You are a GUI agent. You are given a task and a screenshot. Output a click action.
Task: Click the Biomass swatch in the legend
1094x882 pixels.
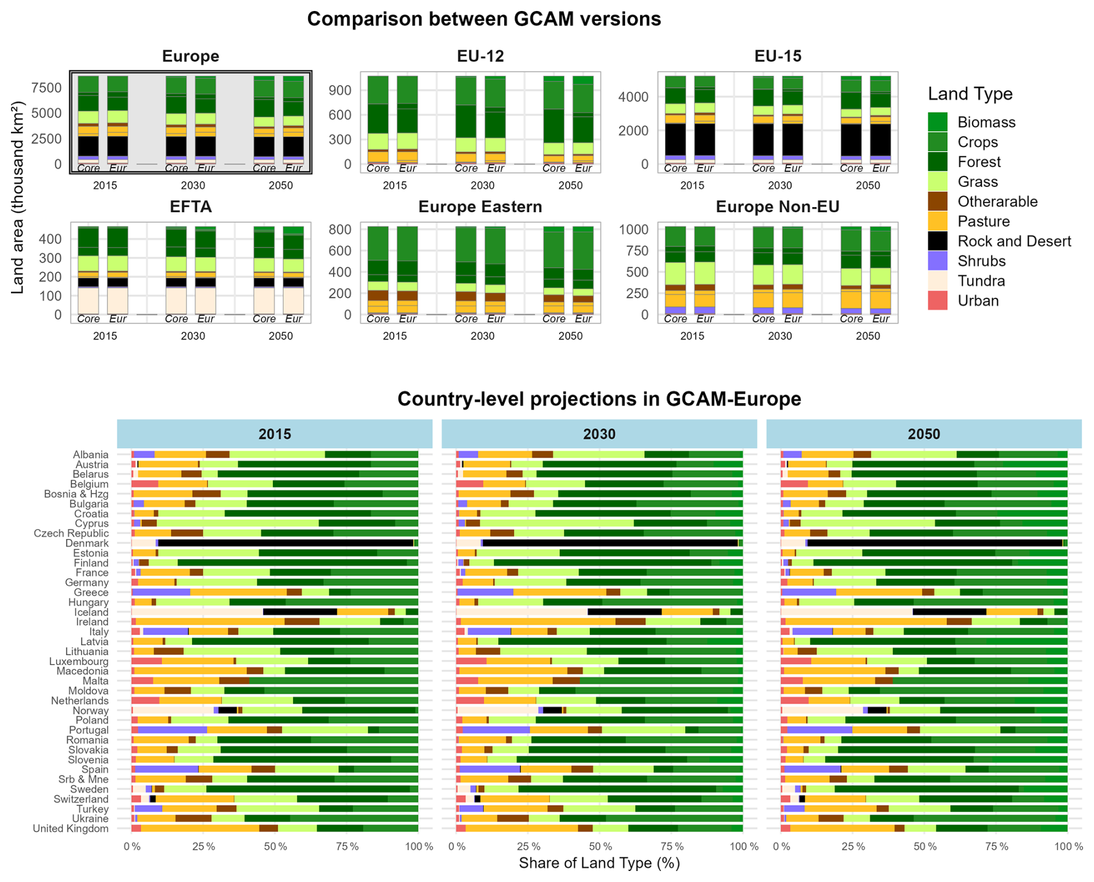click(937, 122)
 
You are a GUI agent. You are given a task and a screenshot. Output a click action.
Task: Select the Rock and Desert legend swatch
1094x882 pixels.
click(937, 241)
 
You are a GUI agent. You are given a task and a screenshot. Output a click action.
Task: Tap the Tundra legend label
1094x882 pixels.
click(981, 281)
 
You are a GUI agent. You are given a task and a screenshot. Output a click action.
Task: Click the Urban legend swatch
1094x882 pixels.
click(937, 301)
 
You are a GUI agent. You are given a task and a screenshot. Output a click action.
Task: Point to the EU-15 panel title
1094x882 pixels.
click(778, 56)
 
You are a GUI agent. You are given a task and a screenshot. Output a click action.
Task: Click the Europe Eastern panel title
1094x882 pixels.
click(480, 207)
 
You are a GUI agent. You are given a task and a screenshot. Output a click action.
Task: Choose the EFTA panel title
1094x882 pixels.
click(190, 207)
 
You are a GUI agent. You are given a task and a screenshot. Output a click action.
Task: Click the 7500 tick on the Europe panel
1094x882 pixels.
click(46, 88)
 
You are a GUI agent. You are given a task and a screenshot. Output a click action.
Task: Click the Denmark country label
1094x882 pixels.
click(87, 543)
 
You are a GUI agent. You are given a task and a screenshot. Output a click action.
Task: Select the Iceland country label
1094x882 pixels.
click(91, 612)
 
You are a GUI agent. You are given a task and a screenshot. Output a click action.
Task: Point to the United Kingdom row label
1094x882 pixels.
click(71, 828)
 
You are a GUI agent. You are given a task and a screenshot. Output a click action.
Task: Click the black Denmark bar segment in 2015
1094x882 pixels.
click(286, 543)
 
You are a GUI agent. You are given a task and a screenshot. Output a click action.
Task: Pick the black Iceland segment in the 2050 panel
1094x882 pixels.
click(949, 612)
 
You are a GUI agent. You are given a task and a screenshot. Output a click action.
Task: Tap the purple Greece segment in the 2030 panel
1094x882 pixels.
click(486, 592)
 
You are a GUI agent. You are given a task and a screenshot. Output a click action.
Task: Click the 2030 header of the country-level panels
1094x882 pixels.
click(599, 434)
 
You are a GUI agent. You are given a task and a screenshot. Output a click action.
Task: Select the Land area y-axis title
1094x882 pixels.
click(18, 198)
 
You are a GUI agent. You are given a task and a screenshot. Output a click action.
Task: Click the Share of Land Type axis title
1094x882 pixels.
click(599, 863)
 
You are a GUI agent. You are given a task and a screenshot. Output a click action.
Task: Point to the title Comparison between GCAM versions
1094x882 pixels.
click(484, 19)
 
